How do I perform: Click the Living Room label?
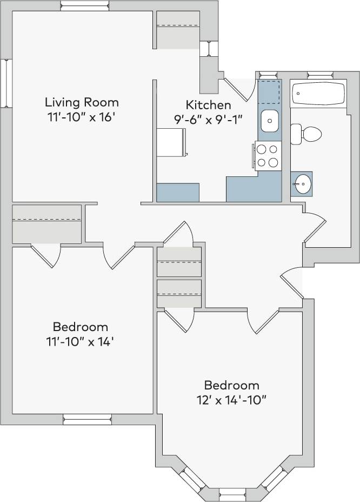tap(82, 102)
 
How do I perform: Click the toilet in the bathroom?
tap(306, 134)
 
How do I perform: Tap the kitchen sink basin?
tap(269, 121)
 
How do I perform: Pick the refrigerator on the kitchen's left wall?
tap(172, 142)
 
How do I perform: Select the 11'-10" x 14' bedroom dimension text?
tap(80, 342)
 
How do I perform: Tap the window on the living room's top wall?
tap(85, 6)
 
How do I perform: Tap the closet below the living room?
tap(47, 223)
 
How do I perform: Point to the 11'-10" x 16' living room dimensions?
tap(82, 118)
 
